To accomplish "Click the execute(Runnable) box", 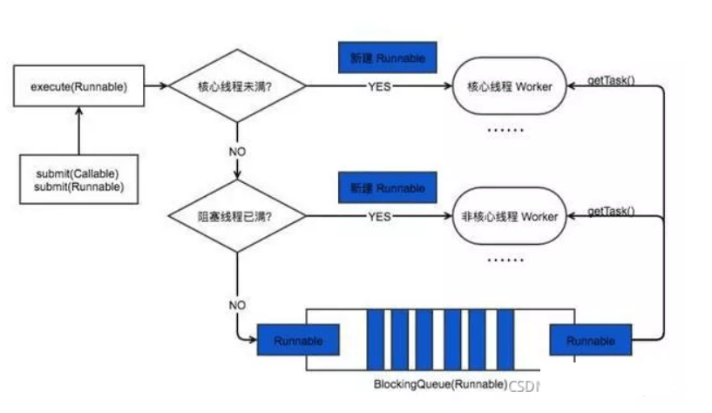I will click(78, 86).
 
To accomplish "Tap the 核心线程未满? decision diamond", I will click(237, 86).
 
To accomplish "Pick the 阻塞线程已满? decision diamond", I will click(237, 216).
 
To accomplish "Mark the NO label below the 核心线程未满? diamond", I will click(237, 151).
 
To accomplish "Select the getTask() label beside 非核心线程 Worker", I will click(611, 210).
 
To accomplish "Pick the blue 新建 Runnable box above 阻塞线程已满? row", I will click(388, 188).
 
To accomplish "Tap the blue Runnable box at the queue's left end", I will click(298, 341).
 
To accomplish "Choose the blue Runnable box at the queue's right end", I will click(590, 341).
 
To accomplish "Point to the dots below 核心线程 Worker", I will click(505, 130).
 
